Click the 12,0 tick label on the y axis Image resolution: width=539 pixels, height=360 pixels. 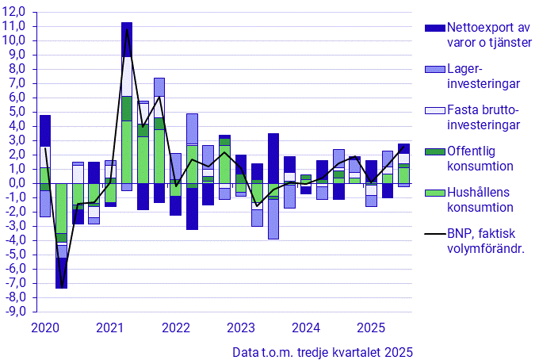coord(15,11)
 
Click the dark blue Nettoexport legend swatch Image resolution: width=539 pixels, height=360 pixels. coord(435,28)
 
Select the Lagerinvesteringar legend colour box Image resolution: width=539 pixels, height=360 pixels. coord(435,70)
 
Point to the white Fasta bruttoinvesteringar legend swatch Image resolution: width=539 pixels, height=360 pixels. coord(435,111)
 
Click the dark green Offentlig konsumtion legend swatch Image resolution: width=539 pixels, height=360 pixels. coord(435,152)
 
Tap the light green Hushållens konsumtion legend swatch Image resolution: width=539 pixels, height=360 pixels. coord(435,193)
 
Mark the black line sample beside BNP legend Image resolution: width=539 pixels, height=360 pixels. coord(435,235)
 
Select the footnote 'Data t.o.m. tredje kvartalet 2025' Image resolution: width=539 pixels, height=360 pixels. coord(323,351)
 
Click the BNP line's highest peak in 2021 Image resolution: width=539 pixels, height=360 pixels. coord(127,30)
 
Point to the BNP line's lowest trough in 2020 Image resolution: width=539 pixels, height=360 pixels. coord(61,287)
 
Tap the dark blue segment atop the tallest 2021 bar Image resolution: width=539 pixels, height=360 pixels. coord(127,39)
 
